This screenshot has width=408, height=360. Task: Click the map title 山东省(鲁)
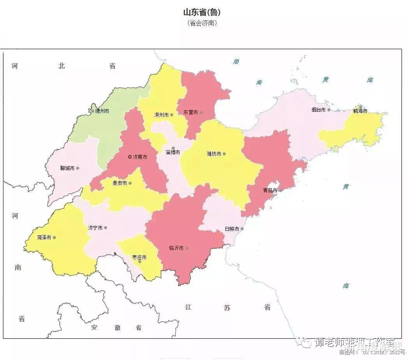pos(202,12)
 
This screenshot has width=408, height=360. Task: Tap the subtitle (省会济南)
pos(202,23)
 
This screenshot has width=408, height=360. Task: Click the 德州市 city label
pos(102,111)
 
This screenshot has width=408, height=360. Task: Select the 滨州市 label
pos(161,115)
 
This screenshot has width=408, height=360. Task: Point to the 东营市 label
pos(191,112)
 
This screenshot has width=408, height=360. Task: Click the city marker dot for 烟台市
pos(329,110)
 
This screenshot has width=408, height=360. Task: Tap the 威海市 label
pos(360,111)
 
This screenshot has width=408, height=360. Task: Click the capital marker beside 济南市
pos(130,157)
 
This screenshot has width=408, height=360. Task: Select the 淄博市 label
pos(173,152)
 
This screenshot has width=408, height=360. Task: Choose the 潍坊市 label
pos(214,154)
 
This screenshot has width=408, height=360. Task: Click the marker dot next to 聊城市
pos(77,168)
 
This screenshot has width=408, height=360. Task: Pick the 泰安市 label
pos(120,183)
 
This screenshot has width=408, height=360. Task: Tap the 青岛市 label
pos(270,190)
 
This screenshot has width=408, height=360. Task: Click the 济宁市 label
pos(95,228)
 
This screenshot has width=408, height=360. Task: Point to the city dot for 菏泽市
pos(54,237)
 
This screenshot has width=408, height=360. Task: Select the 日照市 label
pos(232,229)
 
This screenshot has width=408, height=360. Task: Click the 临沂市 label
pos(176,248)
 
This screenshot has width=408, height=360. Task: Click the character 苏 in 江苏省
pos(227,308)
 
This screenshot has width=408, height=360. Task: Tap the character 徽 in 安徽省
pos(117,328)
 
